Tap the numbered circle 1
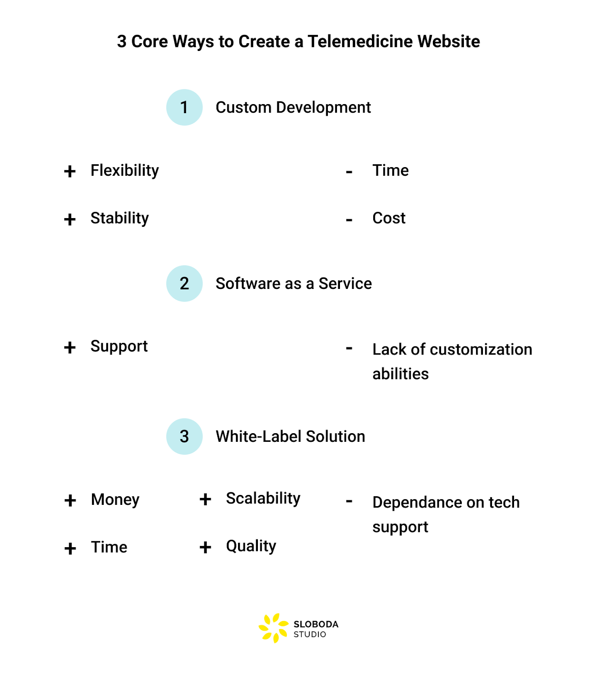click(x=184, y=108)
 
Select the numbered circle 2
click(x=184, y=284)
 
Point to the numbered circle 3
click(x=184, y=437)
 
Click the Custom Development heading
click(x=293, y=108)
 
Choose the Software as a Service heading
click(x=294, y=284)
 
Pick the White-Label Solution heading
click(x=290, y=437)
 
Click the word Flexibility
click(x=124, y=171)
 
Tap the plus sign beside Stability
click(x=70, y=219)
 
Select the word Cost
click(x=389, y=219)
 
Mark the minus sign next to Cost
click(x=349, y=220)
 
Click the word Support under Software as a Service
click(x=119, y=347)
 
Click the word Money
click(x=115, y=500)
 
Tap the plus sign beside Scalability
click(x=205, y=500)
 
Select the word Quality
click(x=251, y=547)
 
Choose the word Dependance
click(x=417, y=503)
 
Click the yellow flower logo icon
click(x=273, y=628)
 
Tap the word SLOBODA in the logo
click(x=316, y=624)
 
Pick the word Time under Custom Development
click(x=391, y=171)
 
